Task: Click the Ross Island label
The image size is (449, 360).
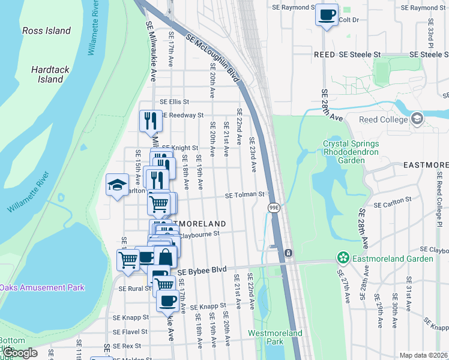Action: click(x=46, y=31)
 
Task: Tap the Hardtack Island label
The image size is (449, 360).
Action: click(x=51, y=74)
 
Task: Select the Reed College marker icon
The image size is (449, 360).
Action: click(x=417, y=119)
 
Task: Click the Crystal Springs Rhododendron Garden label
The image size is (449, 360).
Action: click(x=351, y=152)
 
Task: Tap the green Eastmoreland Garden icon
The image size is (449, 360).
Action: click(x=343, y=259)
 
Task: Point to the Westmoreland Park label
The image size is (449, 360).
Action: click(x=266, y=337)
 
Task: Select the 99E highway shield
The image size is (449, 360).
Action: click(x=274, y=207)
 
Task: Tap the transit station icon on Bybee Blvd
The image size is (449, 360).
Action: click(x=288, y=253)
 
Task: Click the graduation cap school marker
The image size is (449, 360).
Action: click(x=118, y=185)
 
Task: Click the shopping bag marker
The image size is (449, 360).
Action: click(x=165, y=257)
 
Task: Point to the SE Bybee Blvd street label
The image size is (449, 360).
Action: click(x=202, y=271)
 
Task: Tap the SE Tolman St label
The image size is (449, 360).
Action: click(x=244, y=194)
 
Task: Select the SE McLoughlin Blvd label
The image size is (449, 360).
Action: click(x=213, y=57)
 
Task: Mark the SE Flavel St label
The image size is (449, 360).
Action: click(x=130, y=331)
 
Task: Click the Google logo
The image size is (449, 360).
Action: click(x=20, y=353)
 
